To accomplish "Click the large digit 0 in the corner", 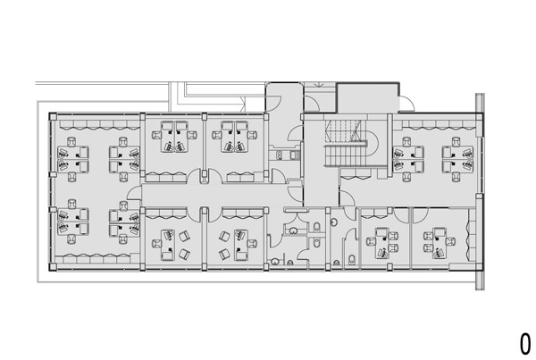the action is pyautogui.click(x=525, y=344).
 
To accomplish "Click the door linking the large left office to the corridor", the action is pyautogui.click(x=134, y=192).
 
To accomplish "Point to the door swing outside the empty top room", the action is pyautogui.click(x=406, y=103).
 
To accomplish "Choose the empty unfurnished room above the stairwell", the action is pyautogui.click(x=367, y=97).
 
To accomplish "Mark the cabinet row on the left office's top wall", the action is pyautogui.click(x=96, y=124).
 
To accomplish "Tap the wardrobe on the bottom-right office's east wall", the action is pyautogui.click(x=471, y=236).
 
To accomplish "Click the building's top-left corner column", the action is pyautogui.click(x=53, y=117).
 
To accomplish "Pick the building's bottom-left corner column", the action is pyautogui.click(x=53, y=267).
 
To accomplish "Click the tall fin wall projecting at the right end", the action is pyautogui.click(x=480, y=191).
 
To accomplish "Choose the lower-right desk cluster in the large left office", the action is pyautogui.click(x=124, y=222).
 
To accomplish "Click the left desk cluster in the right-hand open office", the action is pyautogui.click(x=408, y=159).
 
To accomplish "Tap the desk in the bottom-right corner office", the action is pyautogui.click(x=440, y=243).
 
